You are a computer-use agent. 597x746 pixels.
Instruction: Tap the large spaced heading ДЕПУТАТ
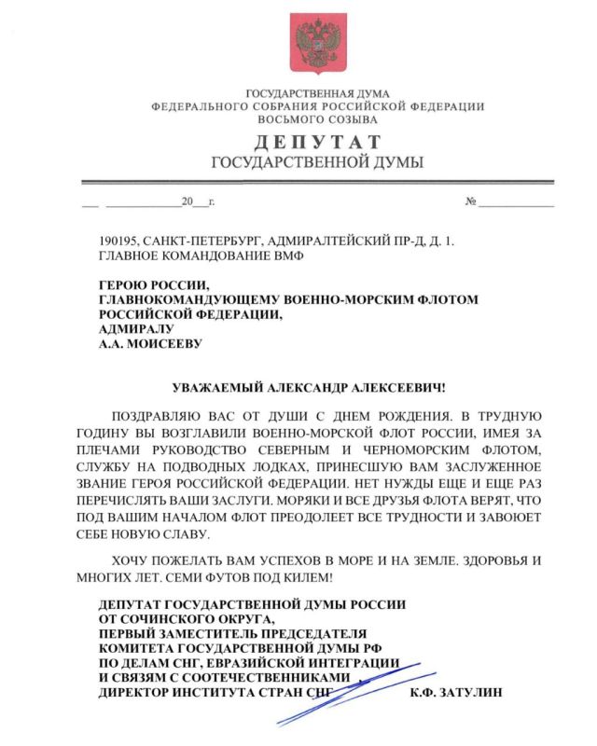point(317,143)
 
